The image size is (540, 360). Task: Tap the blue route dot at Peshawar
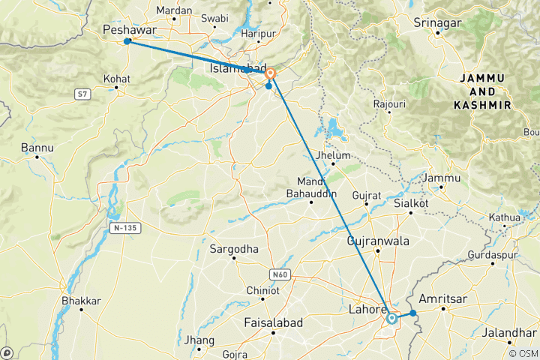click(x=127, y=41)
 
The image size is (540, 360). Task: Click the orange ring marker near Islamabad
click(x=271, y=74)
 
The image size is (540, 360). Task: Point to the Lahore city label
click(x=367, y=308)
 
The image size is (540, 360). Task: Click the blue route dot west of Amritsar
click(x=412, y=313)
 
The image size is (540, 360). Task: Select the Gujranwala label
click(x=378, y=241)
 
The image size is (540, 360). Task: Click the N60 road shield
click(x=280, y=274)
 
